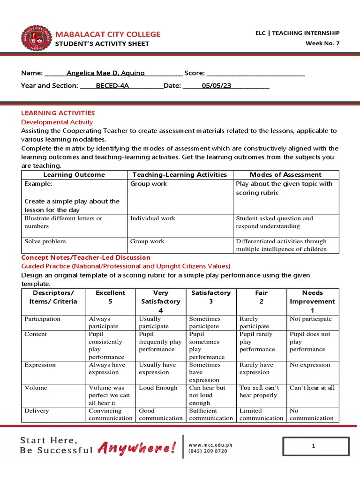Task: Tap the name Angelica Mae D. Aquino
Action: pos(105,73)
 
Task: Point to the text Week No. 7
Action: pos(322,44)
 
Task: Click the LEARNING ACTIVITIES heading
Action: pos(58,113)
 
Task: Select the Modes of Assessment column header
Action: pos(285,174)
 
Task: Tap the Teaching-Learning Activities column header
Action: pos(180,174)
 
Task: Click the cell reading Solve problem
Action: pos(45,241)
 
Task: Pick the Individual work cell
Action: pos(153,218)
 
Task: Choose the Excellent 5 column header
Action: pos(111,297)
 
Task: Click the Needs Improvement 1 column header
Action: pos(312,301)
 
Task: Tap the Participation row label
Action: pos(42,319)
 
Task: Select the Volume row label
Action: pos(36,388)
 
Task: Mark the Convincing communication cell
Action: pos(111,414)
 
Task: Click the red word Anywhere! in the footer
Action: pos(137,449)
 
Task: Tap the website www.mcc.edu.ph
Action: pos(210,445)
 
